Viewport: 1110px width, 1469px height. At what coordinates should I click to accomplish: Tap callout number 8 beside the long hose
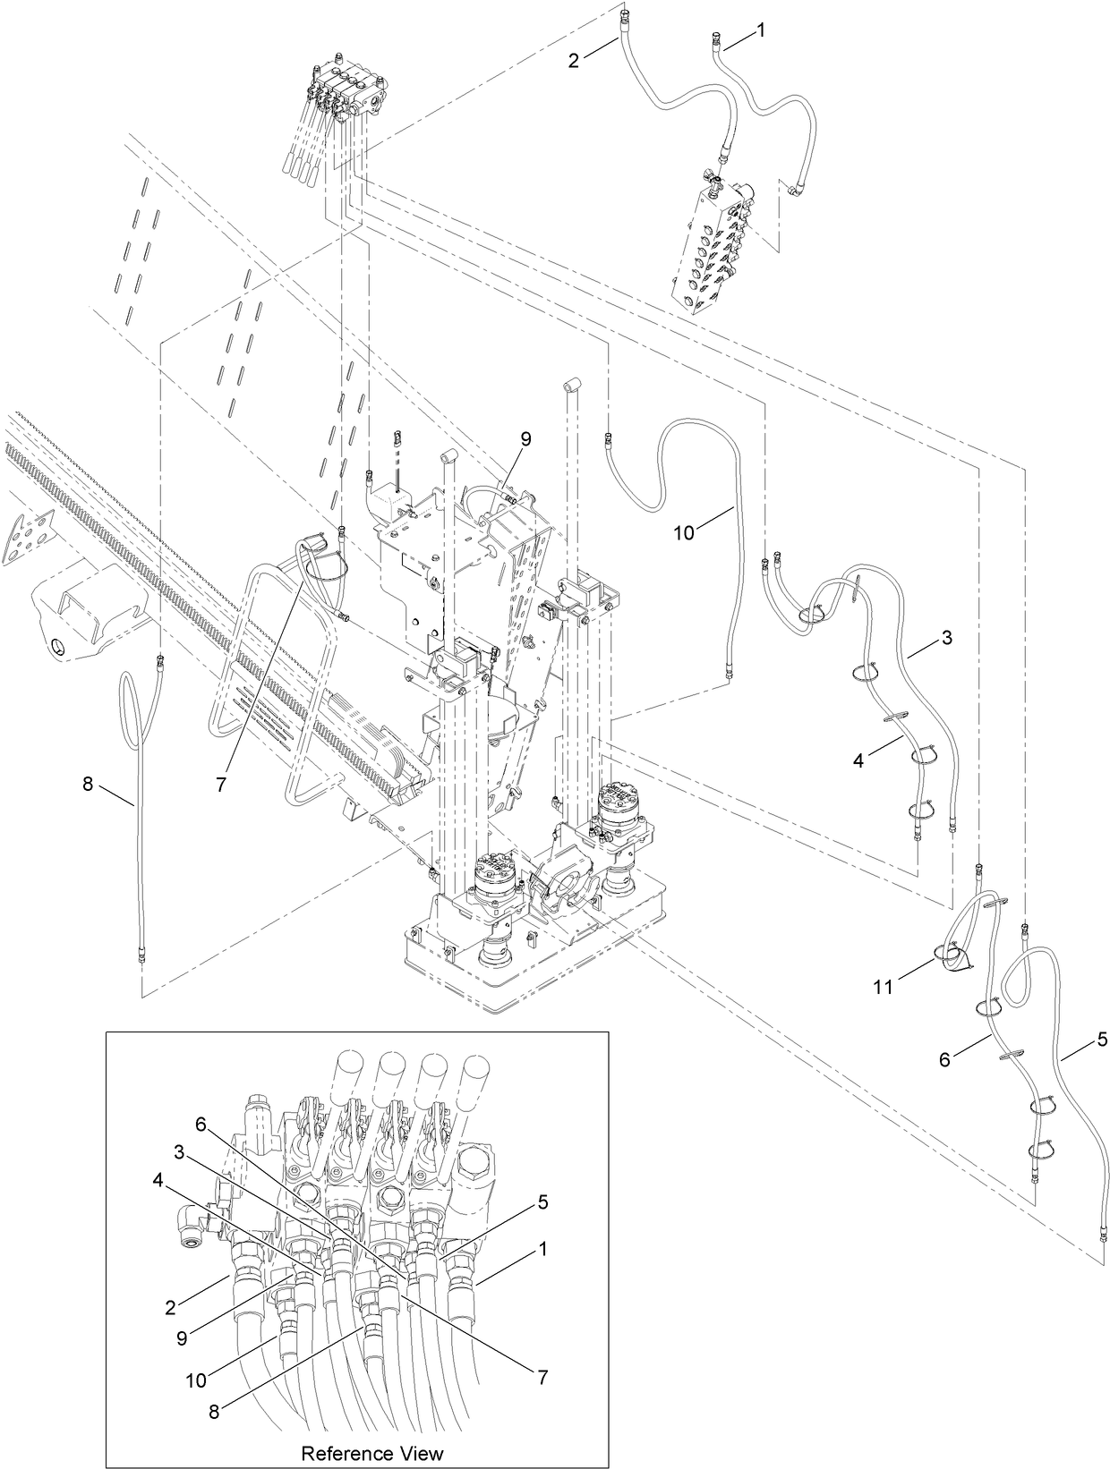[x=87, y=784]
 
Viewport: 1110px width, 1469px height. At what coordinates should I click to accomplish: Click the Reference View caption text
[x=371, y=1452]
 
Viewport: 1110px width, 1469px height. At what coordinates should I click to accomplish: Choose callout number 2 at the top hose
[x=574, y=61]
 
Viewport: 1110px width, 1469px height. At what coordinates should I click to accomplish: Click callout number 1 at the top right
[x=760, y=30]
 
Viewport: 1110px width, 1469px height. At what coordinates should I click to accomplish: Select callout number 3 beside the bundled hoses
[x=946, y=639]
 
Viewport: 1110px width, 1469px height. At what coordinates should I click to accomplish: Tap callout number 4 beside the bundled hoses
[x=858, y=760]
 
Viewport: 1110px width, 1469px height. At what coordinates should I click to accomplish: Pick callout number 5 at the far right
[x=1102, y=1039]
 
